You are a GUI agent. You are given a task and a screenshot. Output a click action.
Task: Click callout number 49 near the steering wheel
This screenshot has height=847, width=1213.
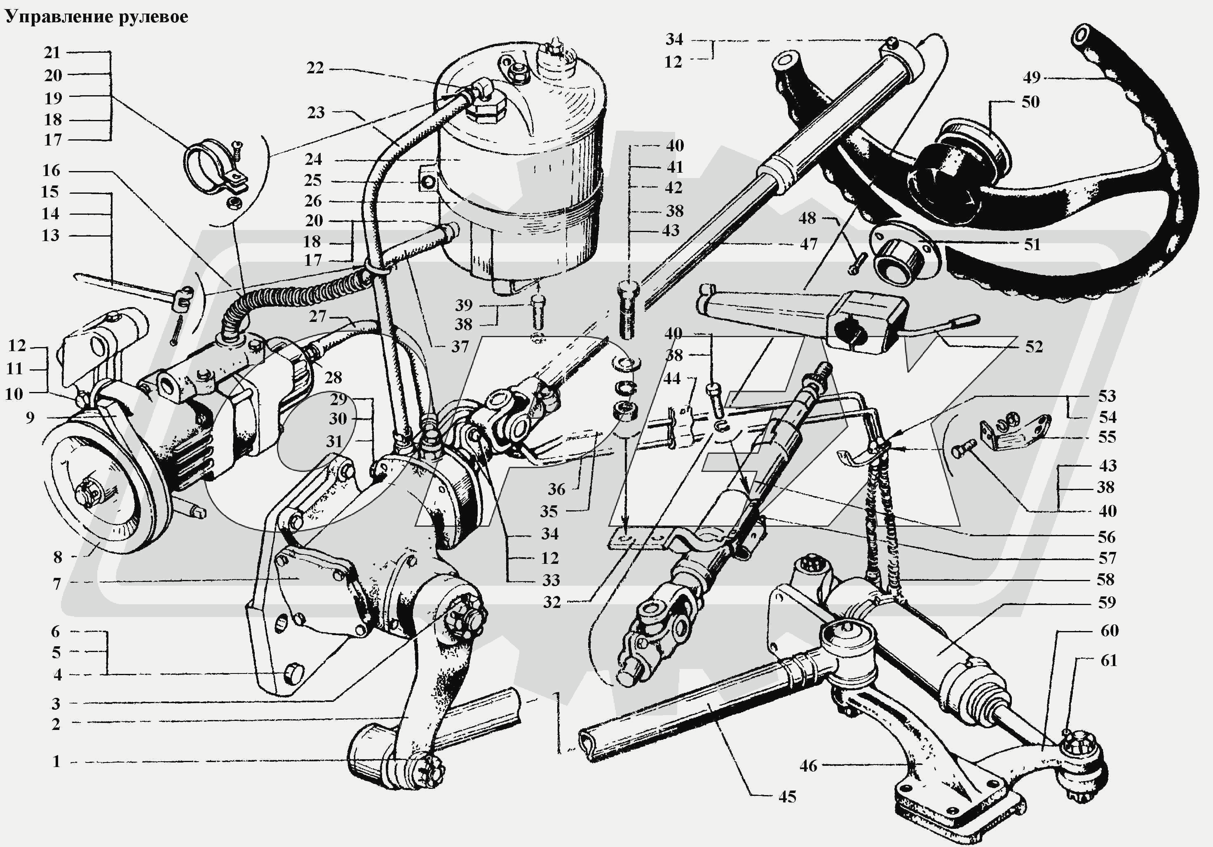coord(1031,77)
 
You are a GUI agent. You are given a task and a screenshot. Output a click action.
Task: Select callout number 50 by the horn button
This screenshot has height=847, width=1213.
coord(1030,101)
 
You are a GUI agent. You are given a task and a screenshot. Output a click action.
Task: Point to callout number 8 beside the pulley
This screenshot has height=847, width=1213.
coord(58,557)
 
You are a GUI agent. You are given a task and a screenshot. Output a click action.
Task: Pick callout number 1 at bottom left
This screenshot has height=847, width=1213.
coord(56,761)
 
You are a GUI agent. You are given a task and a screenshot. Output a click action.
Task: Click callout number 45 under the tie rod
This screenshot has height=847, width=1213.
coord(787,797)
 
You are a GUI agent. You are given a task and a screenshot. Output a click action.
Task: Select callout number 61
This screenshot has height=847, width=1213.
coord(1108,660)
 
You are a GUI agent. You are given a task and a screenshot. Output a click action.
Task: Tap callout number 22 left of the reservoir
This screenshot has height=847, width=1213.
coord(315,68)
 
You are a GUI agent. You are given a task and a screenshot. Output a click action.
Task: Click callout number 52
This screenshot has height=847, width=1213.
coord(1034,347)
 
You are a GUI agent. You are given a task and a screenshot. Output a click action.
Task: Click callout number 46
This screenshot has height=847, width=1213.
coord(808,766)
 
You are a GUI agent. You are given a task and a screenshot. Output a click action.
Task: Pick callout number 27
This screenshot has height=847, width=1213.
coord(317,317)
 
